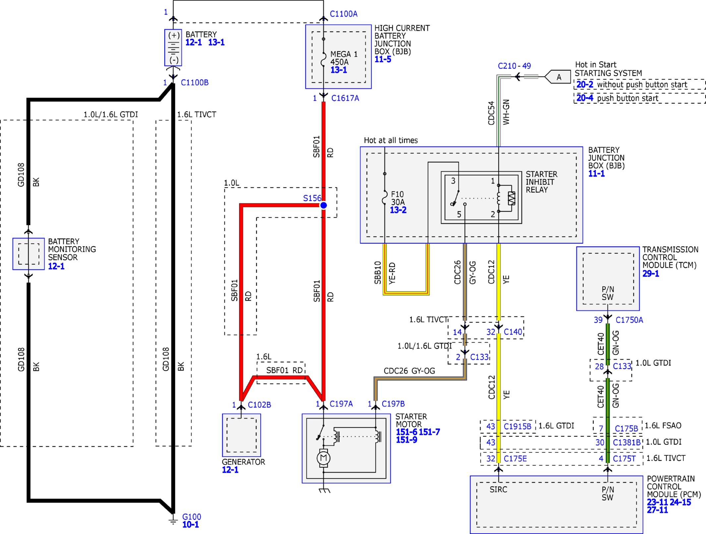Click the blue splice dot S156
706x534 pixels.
click(x=324, y=205)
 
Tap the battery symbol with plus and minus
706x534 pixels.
click(x=173, y=47)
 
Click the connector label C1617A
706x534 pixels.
click(x=345, y=98)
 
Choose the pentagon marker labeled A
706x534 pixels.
click(x=558, y=77)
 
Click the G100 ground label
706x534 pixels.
click(x=192, y=517)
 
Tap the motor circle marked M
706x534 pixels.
click(x=324, y=458)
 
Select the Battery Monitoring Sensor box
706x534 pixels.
click(x=29, y=254)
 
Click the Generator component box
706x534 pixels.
click(x=241, y=435)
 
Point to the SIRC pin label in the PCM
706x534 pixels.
click(x=498, y=489)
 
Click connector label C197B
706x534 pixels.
click(x=393, y=404)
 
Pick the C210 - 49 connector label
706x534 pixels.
click(x=514, y=66)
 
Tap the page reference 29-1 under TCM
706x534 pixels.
click(x=651, y=274)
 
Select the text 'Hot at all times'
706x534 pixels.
click(x=391, y=140)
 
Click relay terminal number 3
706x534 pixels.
click(x=453, y=181)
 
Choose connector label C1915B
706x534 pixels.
click(x=517, y=426)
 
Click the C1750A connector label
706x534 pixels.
click(x=629, y=320)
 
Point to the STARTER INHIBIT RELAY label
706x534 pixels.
click(x=542, y=182)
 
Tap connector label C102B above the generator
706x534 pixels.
click(x=259, y=405)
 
